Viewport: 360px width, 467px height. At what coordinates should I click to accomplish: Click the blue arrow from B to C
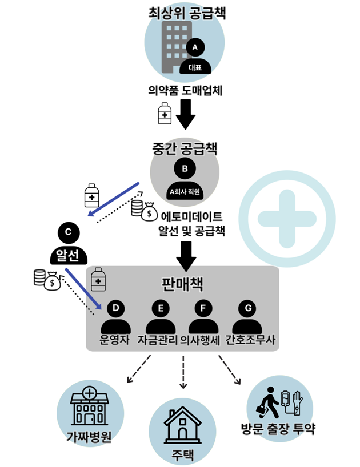pos(114,200)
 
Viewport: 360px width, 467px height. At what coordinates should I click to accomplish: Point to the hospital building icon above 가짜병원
pos(89,406)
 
